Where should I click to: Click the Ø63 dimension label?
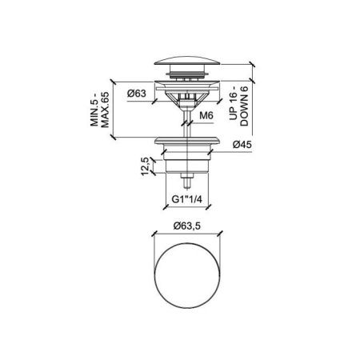point(137,94)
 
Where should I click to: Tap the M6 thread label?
point(206,115)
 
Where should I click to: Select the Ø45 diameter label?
point(242,145)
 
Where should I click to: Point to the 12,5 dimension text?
point(145,166)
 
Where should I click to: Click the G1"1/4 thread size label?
point(186,199)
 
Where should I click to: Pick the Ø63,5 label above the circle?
point(186,226)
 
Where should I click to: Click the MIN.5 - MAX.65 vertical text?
point(100,110)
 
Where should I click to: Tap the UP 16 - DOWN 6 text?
point(239,106)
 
